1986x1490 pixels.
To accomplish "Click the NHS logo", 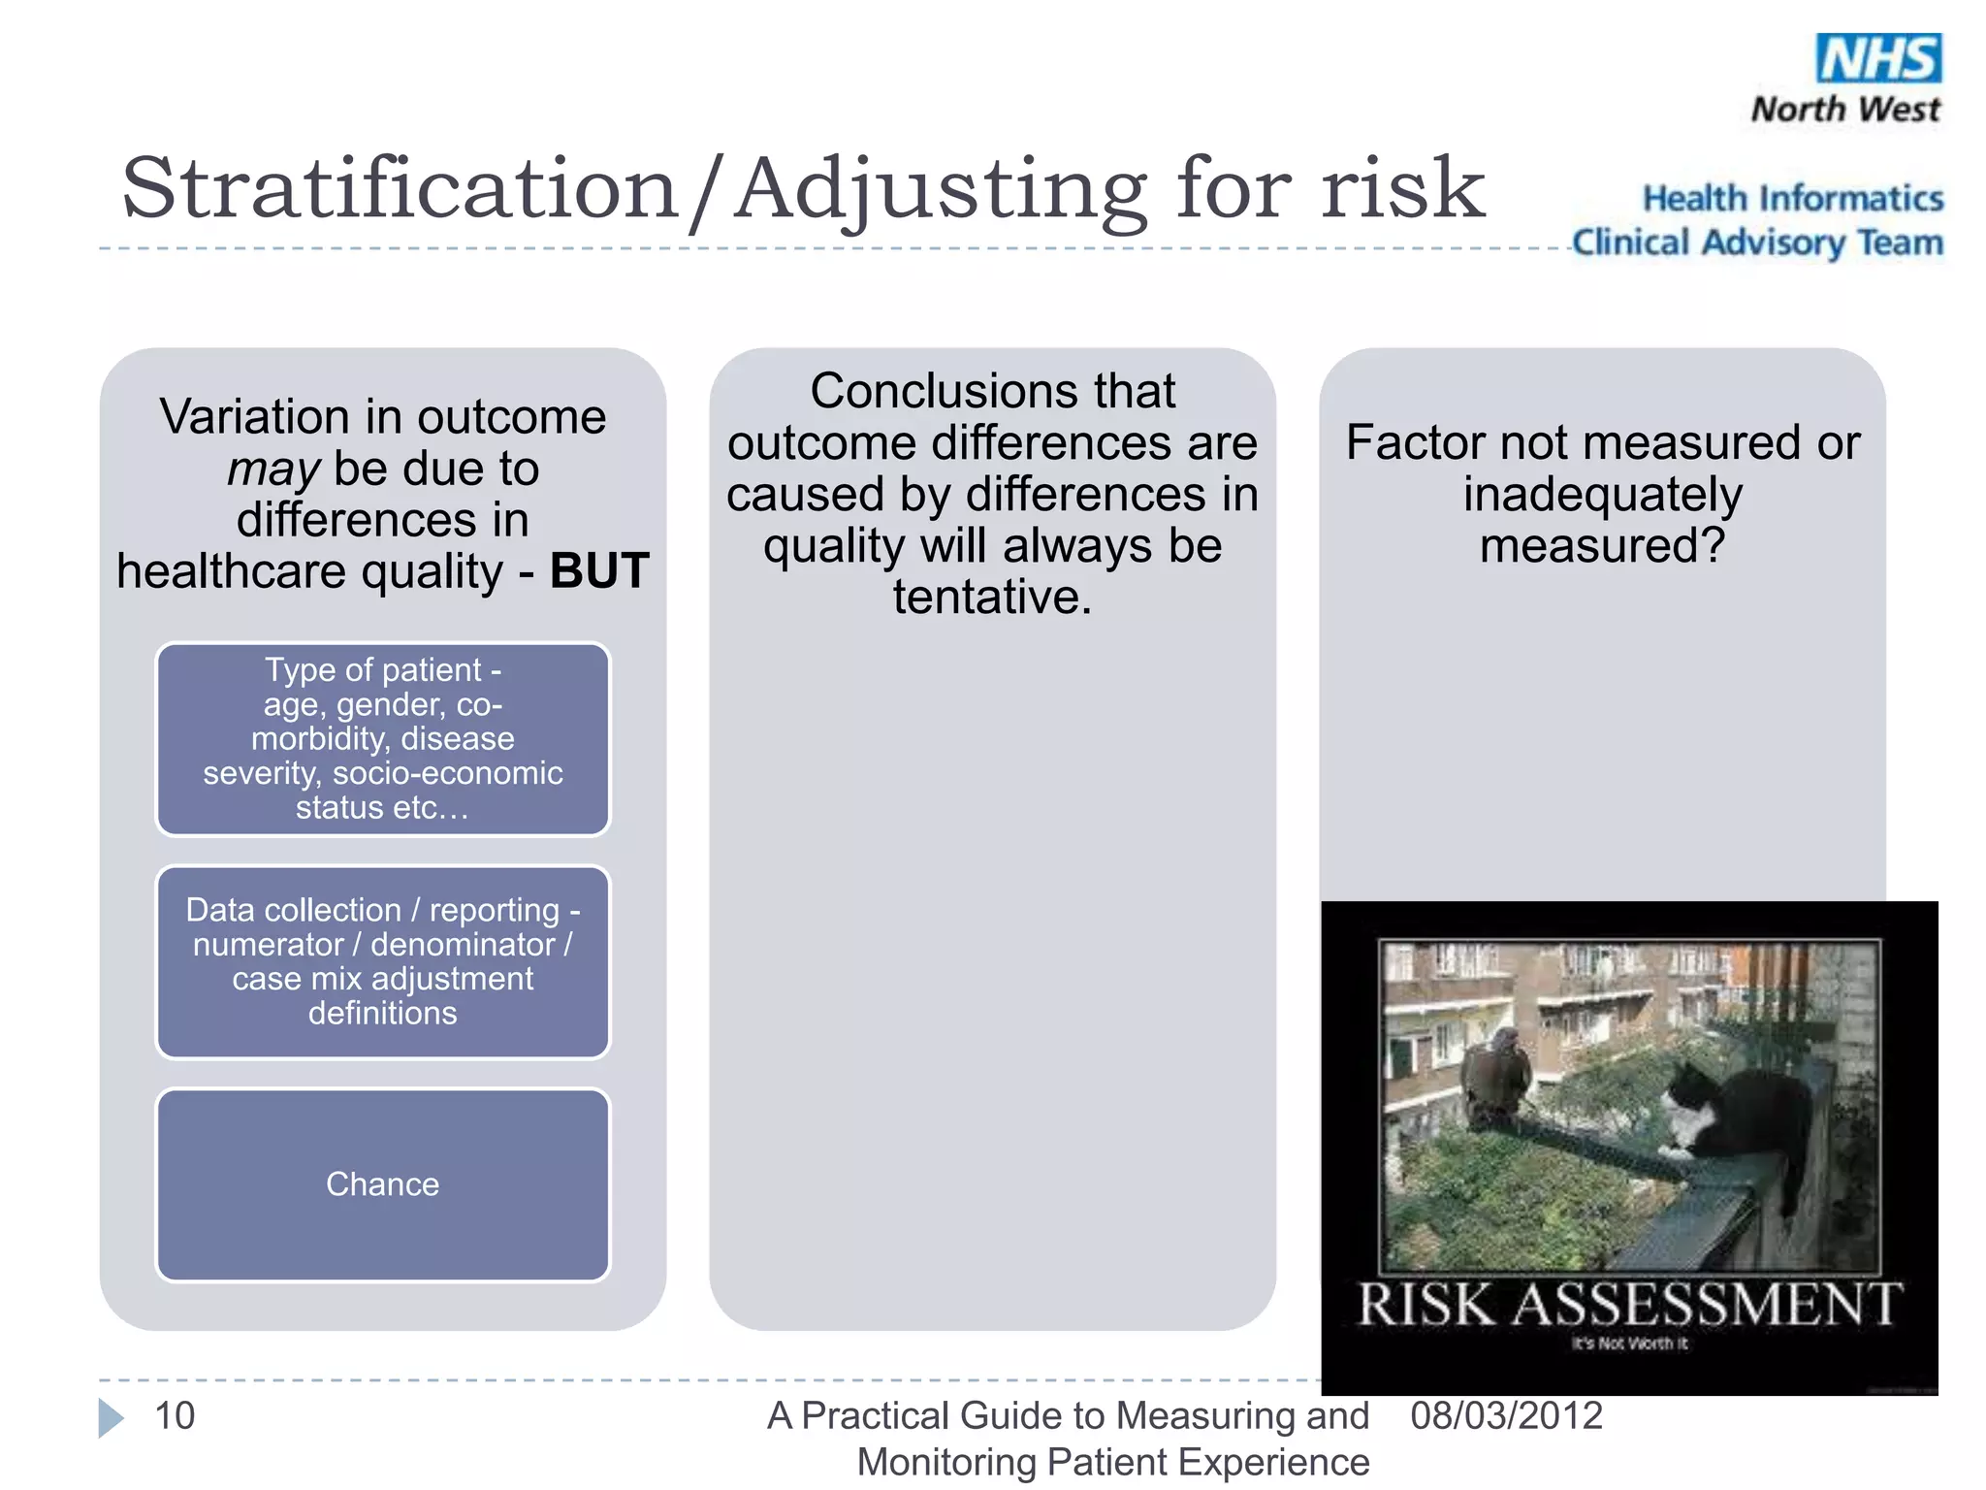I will click(1878, 58).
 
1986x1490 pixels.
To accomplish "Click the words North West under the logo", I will click(1845, 109).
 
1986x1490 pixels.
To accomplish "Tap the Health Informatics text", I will click(1793, 198).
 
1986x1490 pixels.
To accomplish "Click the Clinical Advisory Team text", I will click(1757, 243).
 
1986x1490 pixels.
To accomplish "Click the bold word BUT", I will click(599, 570).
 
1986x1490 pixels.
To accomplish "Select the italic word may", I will click(272, 470).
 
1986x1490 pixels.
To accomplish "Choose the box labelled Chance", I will click(383, 1184).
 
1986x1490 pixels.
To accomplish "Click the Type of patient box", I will click(383, 739).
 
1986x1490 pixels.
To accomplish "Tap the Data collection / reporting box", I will click(383, 961).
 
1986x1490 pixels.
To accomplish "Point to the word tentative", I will click(992, 597).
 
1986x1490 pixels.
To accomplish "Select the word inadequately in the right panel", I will click(1602, 495).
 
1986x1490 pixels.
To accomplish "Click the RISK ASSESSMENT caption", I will click(1629, 1304).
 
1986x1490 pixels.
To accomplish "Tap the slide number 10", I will click(176, 1415).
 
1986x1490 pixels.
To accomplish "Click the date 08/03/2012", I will click(1506, 1415).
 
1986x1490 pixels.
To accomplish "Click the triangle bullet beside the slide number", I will click(111, 1417).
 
